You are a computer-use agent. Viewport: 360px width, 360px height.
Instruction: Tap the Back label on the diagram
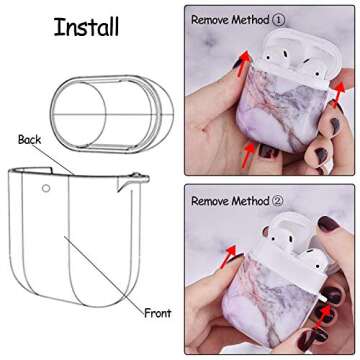(x=28, y=141)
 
